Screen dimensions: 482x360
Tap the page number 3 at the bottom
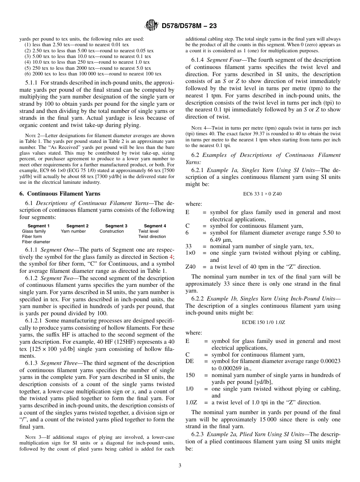pyautogui.click(x=180, y=465)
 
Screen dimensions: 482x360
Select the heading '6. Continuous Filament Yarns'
pyautogui.click(x=60, y=194)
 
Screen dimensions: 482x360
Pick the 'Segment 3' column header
pyautogui.click(x=116, y=226)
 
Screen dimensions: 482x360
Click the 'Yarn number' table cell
pyautogui.click(x=73, y=231)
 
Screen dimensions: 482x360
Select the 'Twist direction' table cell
pyautogui.click(x=152, y=236)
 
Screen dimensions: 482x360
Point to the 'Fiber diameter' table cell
pyautogui.click(x=36, y=242)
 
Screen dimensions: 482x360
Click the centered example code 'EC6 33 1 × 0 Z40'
pyautogui.click(x=263, y=194)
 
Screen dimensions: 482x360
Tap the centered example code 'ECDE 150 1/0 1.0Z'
pyautogui.click(x=263, y=322)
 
